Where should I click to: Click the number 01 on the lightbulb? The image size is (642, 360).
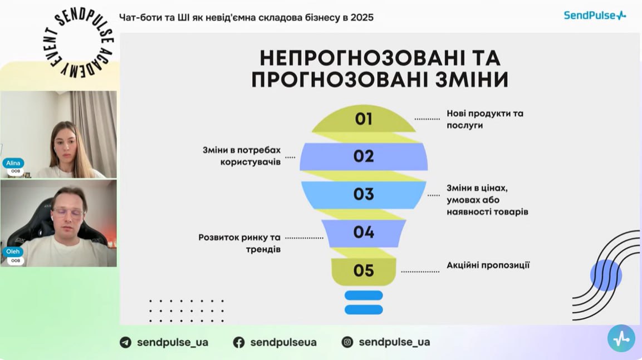tap(364, 119)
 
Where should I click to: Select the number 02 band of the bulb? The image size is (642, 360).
tap(364, 156)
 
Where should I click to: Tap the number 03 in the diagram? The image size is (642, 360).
tap(364, 194)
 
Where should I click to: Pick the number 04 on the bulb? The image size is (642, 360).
tap(364, 233)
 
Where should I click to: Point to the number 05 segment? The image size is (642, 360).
tap(364, 270)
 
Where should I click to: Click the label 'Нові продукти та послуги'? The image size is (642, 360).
tap(485, 119)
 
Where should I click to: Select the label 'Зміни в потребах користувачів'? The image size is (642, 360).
tap(242, 156)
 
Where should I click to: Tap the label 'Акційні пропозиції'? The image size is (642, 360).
tap(488, 265)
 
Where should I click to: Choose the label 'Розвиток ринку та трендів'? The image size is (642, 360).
tap(239, 243)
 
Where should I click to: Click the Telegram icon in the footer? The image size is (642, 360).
tap(126, 342)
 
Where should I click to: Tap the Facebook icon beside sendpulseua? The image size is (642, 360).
tap(239, 342)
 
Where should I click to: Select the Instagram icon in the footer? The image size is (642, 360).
tap(347, 342)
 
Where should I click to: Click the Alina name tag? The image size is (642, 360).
tap(13, 163)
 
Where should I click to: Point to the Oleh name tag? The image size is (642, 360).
tap(13, 251)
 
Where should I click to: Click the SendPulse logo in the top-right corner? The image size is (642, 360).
tap(595, 16)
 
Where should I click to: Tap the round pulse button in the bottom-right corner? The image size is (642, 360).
tap(621, 338)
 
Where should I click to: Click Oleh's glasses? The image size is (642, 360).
tap(68, 213)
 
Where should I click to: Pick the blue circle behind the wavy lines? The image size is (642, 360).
tap(606, 275)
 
